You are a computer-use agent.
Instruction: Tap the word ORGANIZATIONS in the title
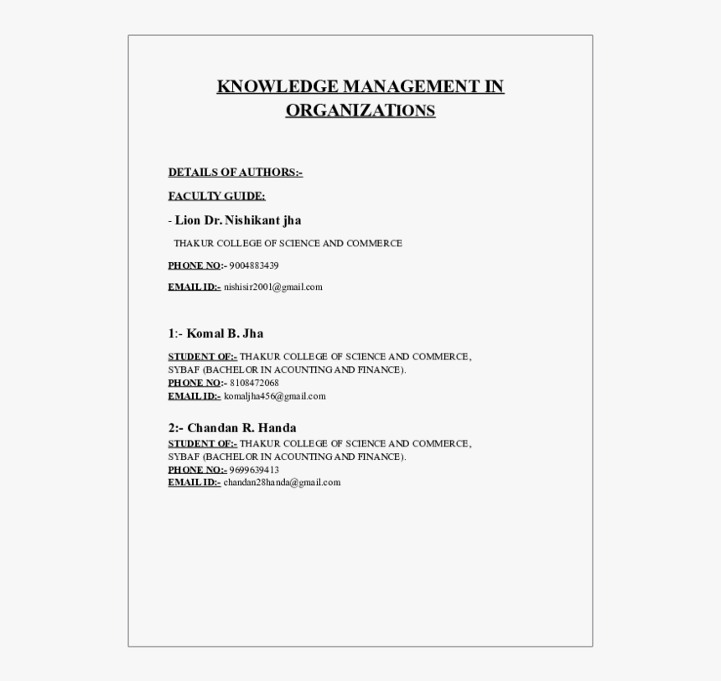coord(360,111)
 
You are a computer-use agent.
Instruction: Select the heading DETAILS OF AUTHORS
coord(235,173)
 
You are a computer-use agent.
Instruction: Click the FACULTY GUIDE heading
coord(216,196)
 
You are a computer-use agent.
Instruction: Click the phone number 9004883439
coord(254,266)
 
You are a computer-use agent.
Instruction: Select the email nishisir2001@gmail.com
coord(272,287)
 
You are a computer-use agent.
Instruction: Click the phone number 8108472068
coord(254,383)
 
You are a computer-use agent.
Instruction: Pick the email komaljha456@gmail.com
coord(274,396)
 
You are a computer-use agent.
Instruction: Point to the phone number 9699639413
coord(254,470)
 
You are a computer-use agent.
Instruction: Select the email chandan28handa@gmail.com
coord(282,482)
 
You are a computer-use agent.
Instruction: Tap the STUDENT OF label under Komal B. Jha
coord(202,357)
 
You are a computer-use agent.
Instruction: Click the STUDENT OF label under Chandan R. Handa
coord(202,444)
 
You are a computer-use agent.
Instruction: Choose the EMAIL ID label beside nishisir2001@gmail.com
coord(194,287)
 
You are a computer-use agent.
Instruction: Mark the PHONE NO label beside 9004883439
coord(196,266)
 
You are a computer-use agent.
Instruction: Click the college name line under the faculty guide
coord(288,244)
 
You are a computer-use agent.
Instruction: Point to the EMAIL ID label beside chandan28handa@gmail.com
coord(194,482)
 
